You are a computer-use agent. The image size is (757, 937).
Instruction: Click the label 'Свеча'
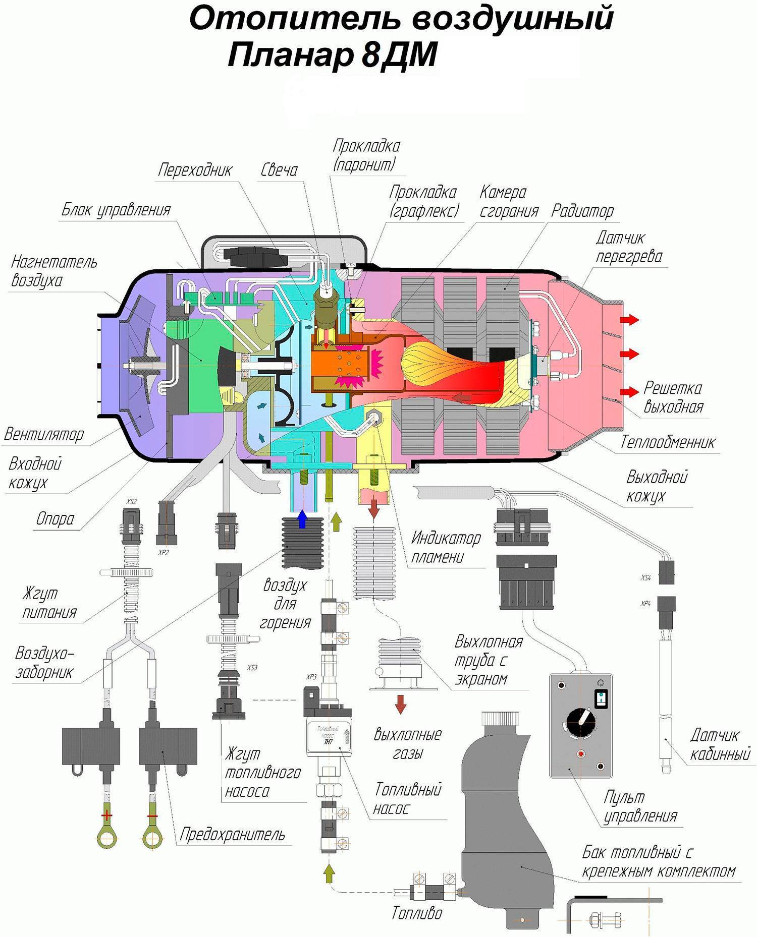pyautogui.click(x=279, y=170)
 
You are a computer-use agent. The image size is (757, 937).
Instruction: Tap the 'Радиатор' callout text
pyautogui.click(x=582, y=211)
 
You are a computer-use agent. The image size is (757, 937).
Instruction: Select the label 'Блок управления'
pyautogui.click(x=116, y=209)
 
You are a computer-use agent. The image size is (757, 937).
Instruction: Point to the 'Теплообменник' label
pyautogui.click(x=668, y=442)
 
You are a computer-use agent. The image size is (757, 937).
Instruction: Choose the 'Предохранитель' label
pyautogui.click(x=232, y=835)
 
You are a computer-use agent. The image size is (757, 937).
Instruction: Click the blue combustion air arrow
pyautogui.click(x=302, y=519)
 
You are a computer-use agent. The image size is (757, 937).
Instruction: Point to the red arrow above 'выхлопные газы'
pyautogui.click(x=401, y=704)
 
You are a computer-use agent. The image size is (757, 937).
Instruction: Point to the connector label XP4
pyautogui.click(x=645, y=603)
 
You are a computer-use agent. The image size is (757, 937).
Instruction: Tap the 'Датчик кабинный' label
pyautogui.click(x=720, y=744)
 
